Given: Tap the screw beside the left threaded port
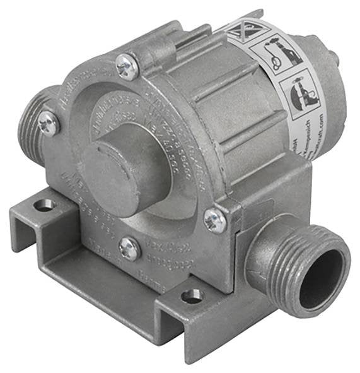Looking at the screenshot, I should (x=49, y=122).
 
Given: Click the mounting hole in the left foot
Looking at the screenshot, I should (x=44, y=205).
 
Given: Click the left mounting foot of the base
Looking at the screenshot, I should (x=38, y=218).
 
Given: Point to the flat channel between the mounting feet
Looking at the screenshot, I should (x=101, y=278).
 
